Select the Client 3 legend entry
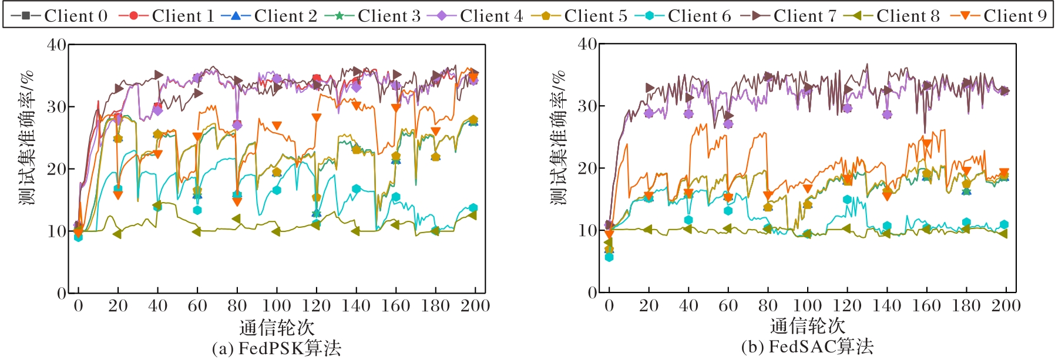(373, 16)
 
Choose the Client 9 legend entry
(999, 16)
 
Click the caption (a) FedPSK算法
(276, 348)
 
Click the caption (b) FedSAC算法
(807, 346)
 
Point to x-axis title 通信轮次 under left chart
(277, 327)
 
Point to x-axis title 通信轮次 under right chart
(807, 326)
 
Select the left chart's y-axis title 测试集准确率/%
(26, 138)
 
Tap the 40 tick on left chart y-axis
(57, 45)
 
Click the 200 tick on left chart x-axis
(475, 306)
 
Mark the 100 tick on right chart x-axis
(807, 305)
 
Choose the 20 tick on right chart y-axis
(587, 169)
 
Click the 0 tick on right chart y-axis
(592, 292)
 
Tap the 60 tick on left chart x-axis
(197, 306)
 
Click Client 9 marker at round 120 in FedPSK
(317, 117)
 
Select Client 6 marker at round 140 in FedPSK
(356, 189)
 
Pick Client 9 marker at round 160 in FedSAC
(927, 143)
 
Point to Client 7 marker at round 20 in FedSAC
(649, 88)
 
